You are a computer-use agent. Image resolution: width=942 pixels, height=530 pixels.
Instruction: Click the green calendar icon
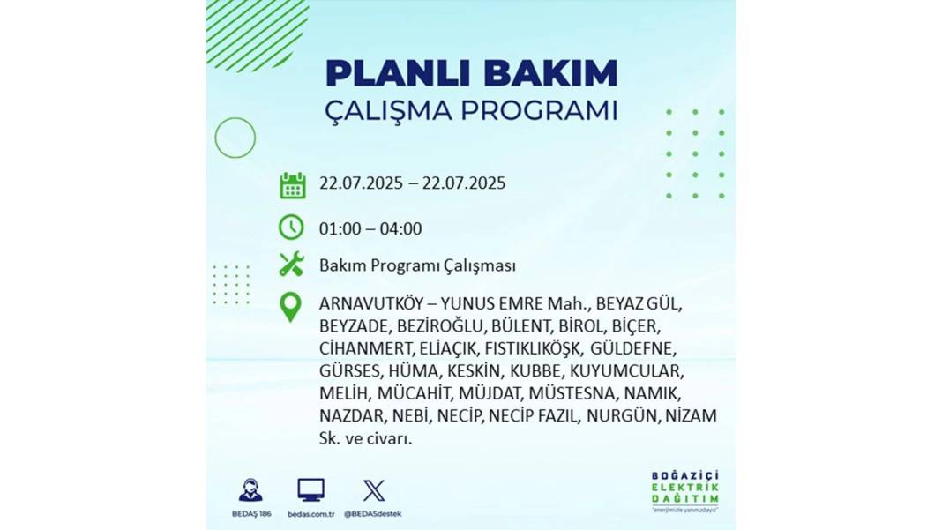293,185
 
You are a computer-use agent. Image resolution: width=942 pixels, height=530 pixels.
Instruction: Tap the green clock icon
291,228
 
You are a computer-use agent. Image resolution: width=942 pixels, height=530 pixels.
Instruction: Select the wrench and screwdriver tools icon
291,265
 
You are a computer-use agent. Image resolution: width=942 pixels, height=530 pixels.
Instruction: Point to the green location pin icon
291,307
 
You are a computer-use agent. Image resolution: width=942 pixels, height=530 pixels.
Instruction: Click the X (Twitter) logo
374,490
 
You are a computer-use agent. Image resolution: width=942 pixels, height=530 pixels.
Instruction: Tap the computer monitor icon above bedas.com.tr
311,490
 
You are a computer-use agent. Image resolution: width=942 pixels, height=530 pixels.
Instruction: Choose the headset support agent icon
250,489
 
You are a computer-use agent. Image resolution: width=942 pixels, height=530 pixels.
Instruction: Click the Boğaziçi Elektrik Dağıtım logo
684,491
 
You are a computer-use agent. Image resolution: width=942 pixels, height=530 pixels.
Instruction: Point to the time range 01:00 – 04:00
370,228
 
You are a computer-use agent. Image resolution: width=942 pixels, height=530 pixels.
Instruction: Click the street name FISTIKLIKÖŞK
533,348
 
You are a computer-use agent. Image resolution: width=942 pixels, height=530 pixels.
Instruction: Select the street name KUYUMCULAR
626,370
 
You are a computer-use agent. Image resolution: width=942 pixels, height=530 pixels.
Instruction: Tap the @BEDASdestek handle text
372,514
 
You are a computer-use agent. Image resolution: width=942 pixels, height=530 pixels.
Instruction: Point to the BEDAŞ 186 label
251,514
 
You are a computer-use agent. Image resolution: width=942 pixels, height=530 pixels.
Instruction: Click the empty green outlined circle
235,138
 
